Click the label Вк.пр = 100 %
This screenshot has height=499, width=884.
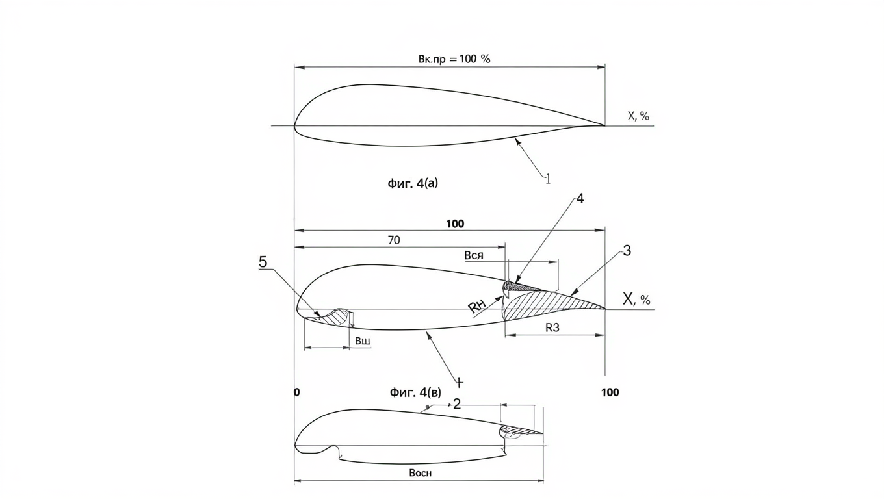tap(454, 59)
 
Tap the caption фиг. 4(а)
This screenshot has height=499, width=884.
tap(413, 183)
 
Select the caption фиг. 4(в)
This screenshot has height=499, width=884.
tap(415, 392)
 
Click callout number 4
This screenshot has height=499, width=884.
tap(580, 198)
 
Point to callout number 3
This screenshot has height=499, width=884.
tap(627, 251)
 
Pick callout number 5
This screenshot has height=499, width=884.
tap(263, 262)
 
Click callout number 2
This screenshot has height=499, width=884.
tap(457, 404)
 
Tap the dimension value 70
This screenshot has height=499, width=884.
tap(394, 240)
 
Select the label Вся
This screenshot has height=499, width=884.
tap(474, 255)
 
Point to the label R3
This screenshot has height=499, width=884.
tap(552, 327)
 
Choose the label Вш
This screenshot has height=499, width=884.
tap(362, 341)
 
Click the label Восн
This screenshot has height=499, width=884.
tap(421, 472)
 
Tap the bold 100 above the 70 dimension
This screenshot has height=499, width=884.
tap(455, 224)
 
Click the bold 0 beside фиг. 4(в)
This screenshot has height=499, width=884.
tap(297, 392)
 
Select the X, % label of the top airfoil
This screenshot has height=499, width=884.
tap(638, 116)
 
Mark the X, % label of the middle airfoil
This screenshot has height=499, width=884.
tap(636, 300)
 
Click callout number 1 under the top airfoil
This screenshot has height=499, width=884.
tap(548, 179)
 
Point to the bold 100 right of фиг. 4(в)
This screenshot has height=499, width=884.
tap(610, 392)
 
